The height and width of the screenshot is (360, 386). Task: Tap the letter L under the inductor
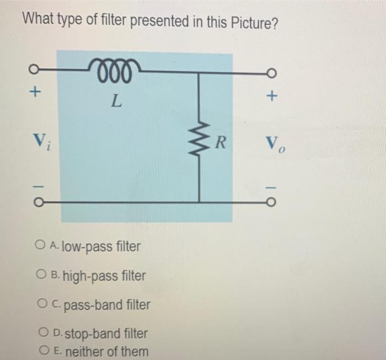click(x=115, y=100)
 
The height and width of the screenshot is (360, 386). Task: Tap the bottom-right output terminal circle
click(x=270, y=202)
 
